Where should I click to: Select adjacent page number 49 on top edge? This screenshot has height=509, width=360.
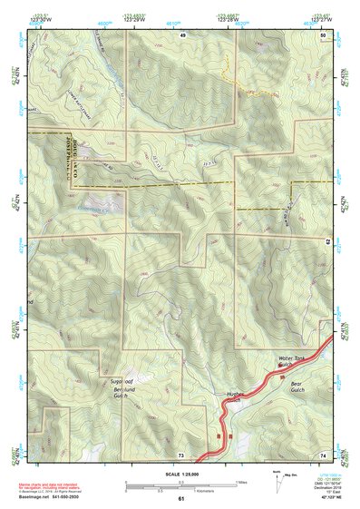[182, 34]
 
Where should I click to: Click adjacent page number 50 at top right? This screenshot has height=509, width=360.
[323, 34]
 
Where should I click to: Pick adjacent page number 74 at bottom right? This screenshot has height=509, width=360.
[323, 454]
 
